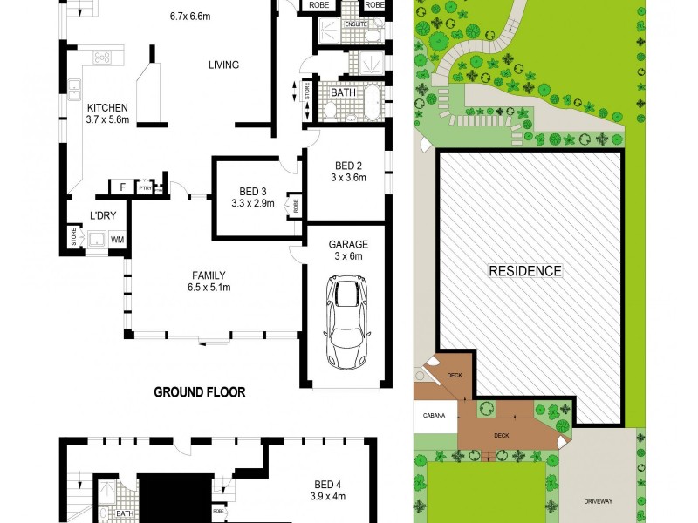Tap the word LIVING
(x=223, y=65)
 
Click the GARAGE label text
(x=347, y=244)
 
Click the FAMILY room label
(x=209, y=275)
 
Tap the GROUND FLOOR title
(x=200, y=392)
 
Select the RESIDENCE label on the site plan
(x=524, y=271)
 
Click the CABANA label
(x=435, y=416)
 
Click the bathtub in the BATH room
(x=371, y=103)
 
